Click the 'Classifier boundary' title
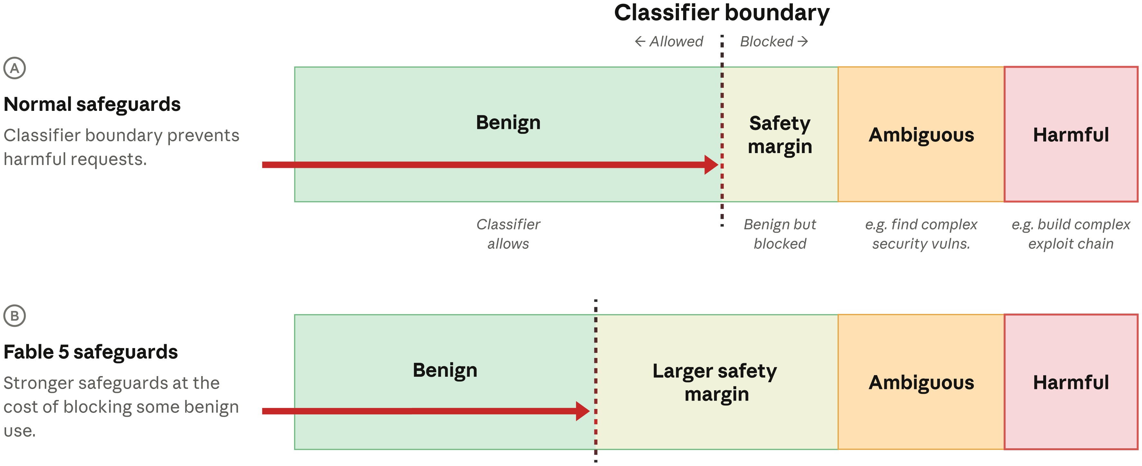[x=722, y=13]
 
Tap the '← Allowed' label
[x=669, y=42]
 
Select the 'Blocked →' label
[x=774, y=42]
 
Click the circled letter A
[x=14, y=68]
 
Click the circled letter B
[x=14, y=316]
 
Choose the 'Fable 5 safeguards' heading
[x=91, y=352]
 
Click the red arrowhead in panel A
[x=711, y=165]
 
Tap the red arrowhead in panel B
[x=582, y=411]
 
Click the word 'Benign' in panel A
[x=508, y=123]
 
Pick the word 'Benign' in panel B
[x=445, y=371]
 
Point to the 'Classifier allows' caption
[x=508, y=234]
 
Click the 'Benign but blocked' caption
[x=780, y=234]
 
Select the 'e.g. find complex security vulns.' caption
[x=921, y=234]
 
